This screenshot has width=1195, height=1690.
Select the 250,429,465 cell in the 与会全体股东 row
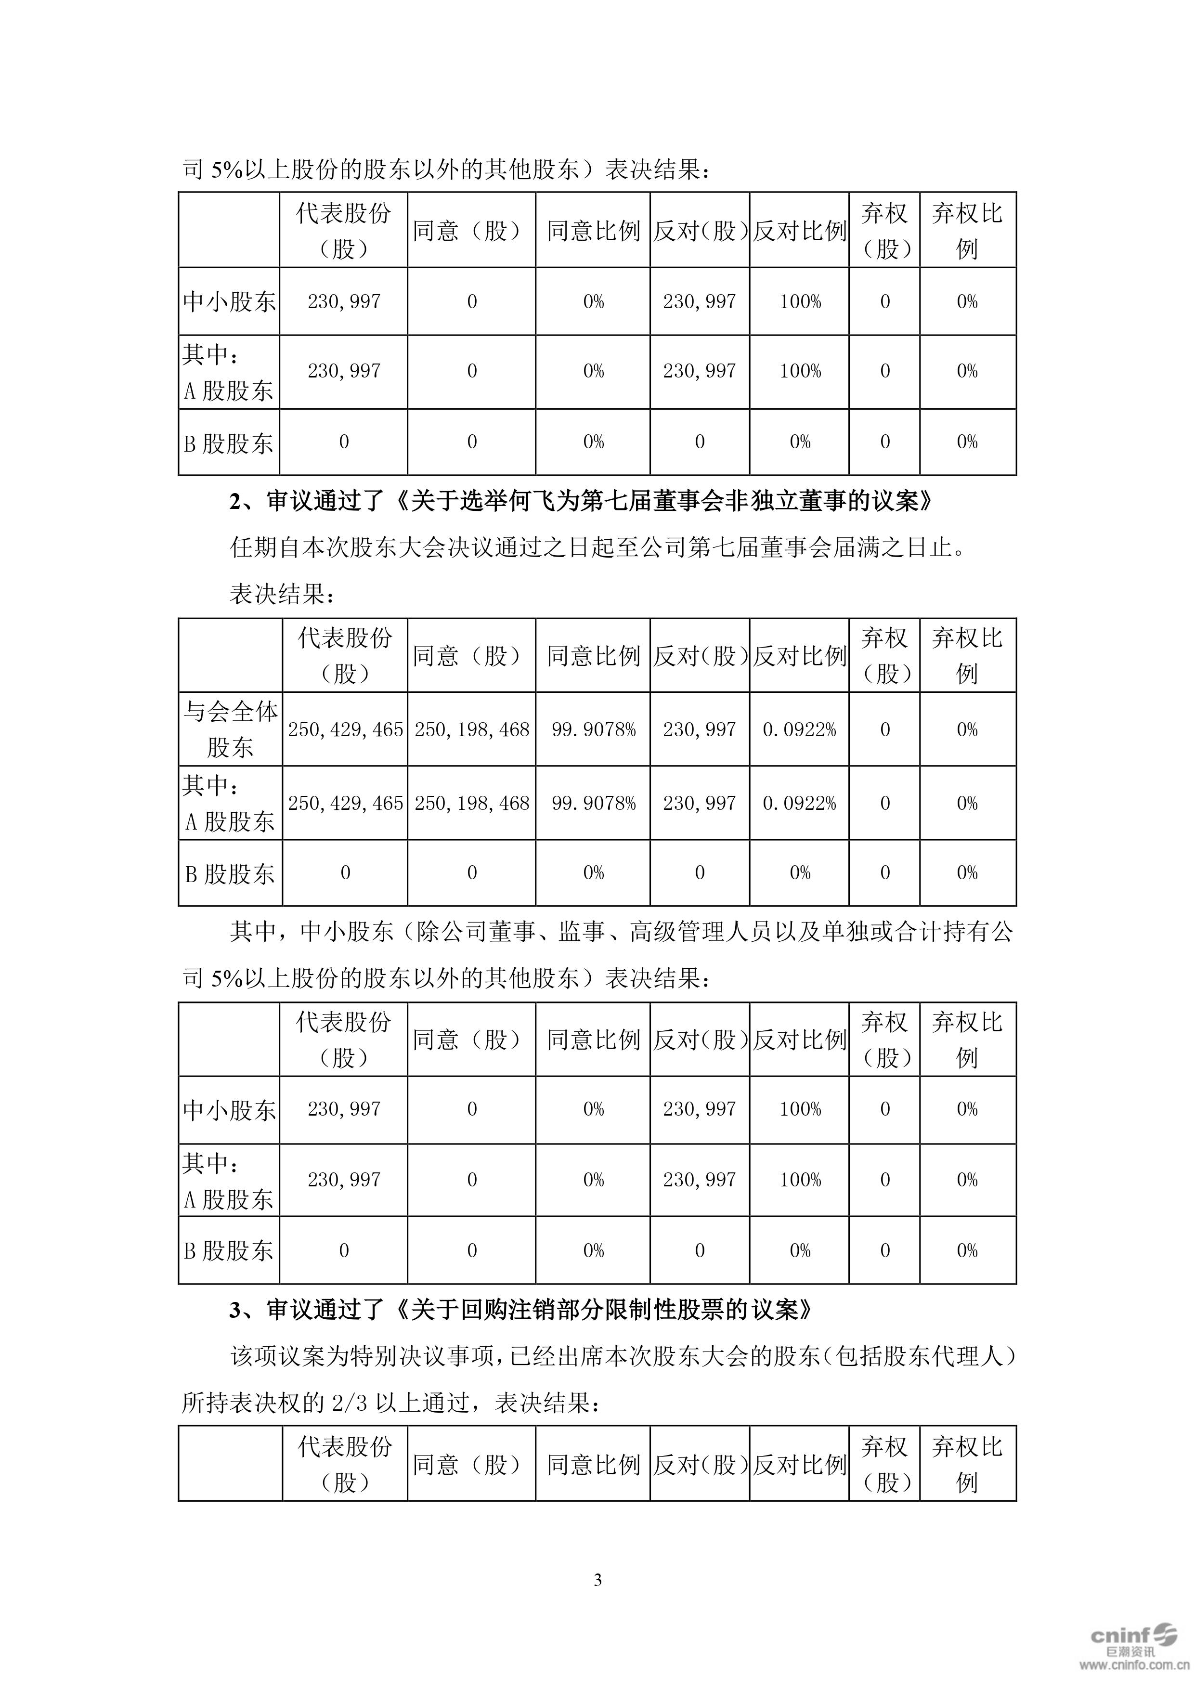(345, 729)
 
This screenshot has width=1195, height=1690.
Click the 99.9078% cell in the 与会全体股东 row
(593, 729)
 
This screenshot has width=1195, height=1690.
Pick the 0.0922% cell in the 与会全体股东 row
(799, 729)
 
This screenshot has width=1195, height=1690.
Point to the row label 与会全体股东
(230, 729)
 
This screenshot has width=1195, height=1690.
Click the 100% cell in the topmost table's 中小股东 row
(800, 302)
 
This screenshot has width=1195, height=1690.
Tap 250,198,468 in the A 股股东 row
(472, 803)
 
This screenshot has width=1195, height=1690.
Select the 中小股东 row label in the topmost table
(229, 302)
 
